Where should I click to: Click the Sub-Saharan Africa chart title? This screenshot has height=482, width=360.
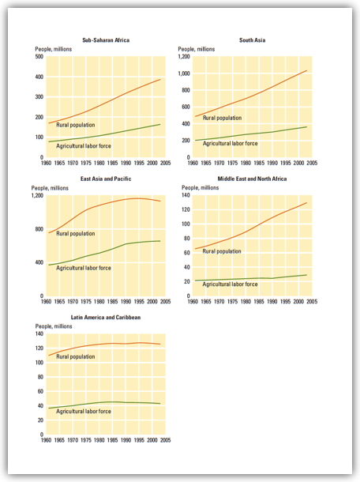pos(106,40)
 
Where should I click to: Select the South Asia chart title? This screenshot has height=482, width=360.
pos(252,40)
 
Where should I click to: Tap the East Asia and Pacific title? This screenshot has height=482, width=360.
pos(106,179)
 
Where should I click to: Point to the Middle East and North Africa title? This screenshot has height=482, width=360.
pos(252,179)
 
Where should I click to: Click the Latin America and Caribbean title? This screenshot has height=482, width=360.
pos(106,318)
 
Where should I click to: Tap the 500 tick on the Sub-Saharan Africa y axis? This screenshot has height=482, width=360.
pos(39,57)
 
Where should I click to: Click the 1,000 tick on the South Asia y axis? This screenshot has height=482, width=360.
pos(184,73)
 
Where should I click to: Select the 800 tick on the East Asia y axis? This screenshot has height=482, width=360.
pos(39,229)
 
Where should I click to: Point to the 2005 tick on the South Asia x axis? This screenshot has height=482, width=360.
pos(312,163)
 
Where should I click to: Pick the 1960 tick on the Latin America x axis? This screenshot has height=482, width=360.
pos(46,440)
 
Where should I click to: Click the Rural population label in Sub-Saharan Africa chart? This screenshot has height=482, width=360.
pos(76,125)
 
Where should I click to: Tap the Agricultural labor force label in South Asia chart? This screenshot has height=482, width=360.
pos(230,144)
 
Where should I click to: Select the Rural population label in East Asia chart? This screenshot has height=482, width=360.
pos(76,234)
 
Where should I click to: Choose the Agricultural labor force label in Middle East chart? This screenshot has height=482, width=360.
pos(230,284)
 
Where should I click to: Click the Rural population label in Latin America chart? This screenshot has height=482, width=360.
pos(76,357)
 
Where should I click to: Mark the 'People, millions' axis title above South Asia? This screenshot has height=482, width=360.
pos(197,49)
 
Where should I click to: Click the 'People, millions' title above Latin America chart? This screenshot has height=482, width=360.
pos(54,326)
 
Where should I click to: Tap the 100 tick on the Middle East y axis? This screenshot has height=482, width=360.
pos(186,224)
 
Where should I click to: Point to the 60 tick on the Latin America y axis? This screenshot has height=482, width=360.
pos(40,391)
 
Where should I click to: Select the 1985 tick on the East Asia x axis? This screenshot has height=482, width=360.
pos(112,302)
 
